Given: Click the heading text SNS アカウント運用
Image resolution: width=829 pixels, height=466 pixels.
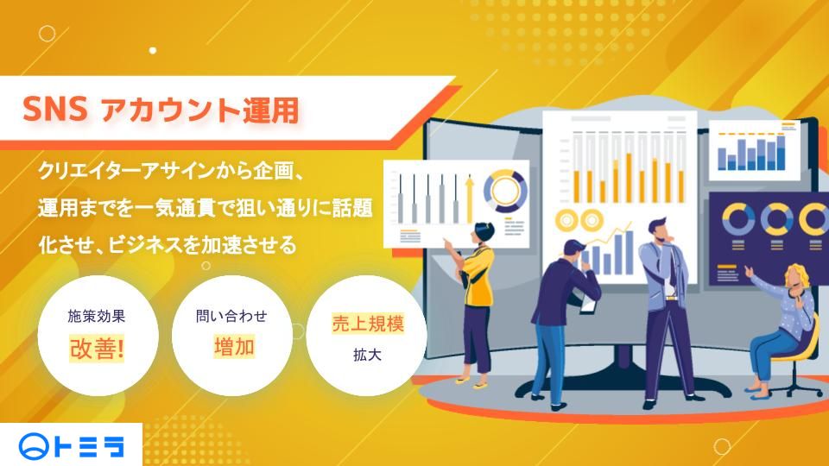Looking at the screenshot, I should coord(161,111).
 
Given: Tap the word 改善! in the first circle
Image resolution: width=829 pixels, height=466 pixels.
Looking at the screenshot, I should coord(97,348).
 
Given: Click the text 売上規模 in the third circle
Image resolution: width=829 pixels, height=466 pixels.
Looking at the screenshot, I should coord(368,324).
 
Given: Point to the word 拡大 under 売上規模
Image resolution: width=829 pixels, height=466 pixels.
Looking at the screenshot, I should coord(367,354).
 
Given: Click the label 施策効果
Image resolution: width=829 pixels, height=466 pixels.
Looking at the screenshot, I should coord(97,316).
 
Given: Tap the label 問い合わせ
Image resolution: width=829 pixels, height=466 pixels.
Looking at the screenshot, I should coord(231,315).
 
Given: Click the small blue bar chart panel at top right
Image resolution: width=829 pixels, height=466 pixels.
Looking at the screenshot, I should coord(750,148).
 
